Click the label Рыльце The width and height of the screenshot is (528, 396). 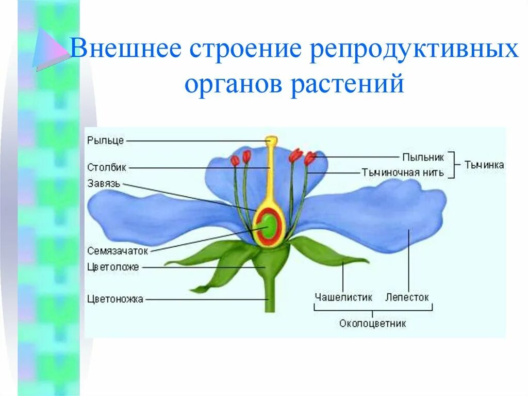(x=105, y=140)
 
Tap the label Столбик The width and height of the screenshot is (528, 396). (x=107, y=167)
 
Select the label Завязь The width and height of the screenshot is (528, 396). (x=104, y=183)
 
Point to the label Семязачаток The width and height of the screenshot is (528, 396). (x=118, y=250)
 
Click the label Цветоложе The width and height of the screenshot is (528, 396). (x=113, y=267)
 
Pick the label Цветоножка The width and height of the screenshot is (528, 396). (x=115, y=298)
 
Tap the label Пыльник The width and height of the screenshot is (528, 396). (x=423, y=156)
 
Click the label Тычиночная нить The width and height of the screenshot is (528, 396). (x=402, y=172)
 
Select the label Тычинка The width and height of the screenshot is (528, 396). (x=484, y=165)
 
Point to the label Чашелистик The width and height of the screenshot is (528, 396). (x=343, y=297)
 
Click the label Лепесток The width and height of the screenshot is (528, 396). (x=407, y=297)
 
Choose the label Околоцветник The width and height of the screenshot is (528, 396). (x=372, y=324)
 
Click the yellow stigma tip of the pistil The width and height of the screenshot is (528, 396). (x=271, y=140)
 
